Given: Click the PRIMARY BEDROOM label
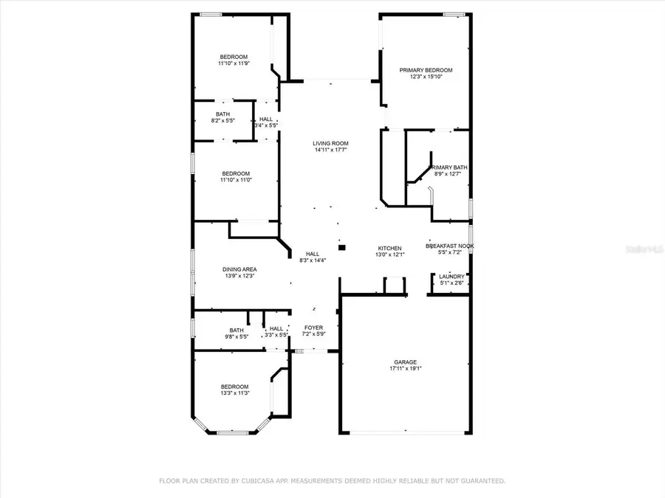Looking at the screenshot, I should pos(426,70).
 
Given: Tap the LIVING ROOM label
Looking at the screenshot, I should pos(330,143).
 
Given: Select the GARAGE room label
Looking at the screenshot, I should pos(405,362).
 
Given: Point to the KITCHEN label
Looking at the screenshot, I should pos(389,248).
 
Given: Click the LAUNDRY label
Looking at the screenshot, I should pos(451,277).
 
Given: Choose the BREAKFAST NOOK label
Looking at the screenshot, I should pos(450,246).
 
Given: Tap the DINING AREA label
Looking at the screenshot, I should pos(239,269).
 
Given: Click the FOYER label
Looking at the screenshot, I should pos(314,328).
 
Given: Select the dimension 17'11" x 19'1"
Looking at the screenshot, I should pos(405,368).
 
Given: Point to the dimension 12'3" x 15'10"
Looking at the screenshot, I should pos(426,77).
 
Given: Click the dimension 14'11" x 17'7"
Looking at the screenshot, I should pos(330,150).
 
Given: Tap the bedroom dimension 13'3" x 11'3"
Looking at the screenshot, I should pos(234,393).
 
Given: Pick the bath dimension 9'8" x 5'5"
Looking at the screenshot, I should pos(236,336).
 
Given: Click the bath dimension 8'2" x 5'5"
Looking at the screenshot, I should pos(223,120).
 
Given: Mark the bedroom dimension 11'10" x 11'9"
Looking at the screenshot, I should pos(233,63).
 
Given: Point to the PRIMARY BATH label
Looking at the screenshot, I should pos(450,167).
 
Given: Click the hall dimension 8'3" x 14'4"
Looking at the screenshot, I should pos(313,260).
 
